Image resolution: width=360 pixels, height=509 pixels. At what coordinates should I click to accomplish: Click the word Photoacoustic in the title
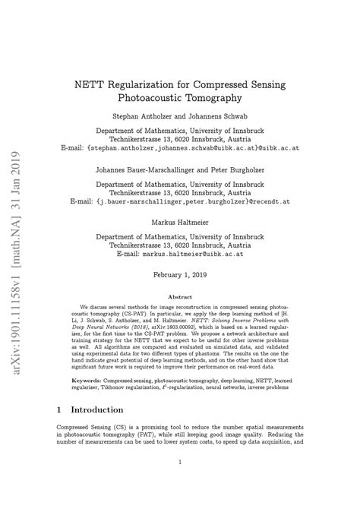pos(159,98)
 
